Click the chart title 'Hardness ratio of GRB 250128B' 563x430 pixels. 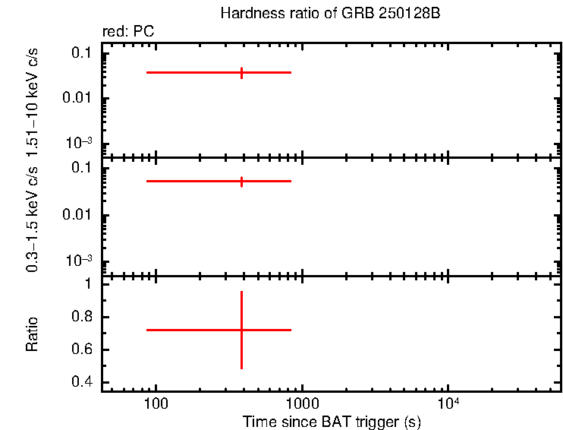click(330, 14)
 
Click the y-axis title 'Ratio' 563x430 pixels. click(33, 334)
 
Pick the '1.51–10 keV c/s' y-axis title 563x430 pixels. click(33, 100)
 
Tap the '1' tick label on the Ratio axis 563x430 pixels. click(87, 284)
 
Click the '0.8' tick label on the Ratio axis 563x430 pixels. click(80, 317)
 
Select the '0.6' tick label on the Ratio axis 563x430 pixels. click(80, 350)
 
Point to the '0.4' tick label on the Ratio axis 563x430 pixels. click(80, 383)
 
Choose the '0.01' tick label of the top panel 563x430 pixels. click(77, 98)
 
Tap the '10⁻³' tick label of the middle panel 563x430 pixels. click(78, 261)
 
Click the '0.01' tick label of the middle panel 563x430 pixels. click(77, 214)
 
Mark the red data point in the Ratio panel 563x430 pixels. click(241, 330)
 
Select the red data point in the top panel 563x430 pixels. click(241, 72)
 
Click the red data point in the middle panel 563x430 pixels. click(241, 182)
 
